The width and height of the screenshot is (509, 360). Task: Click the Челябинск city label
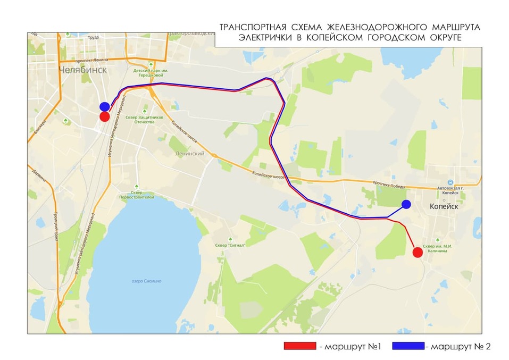(83, 70)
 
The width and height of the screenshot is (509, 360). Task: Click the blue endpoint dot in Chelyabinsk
(105, 107)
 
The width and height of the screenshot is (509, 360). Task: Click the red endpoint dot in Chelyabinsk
(105, 116)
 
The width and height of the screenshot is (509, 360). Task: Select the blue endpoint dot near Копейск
(406, 205)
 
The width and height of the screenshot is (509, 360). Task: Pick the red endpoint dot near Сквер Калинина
(418, 252)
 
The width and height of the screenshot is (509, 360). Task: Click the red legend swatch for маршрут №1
(301, 346)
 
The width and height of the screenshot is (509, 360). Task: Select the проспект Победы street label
(389, 186)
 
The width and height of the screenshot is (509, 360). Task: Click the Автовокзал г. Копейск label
(450, 190)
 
